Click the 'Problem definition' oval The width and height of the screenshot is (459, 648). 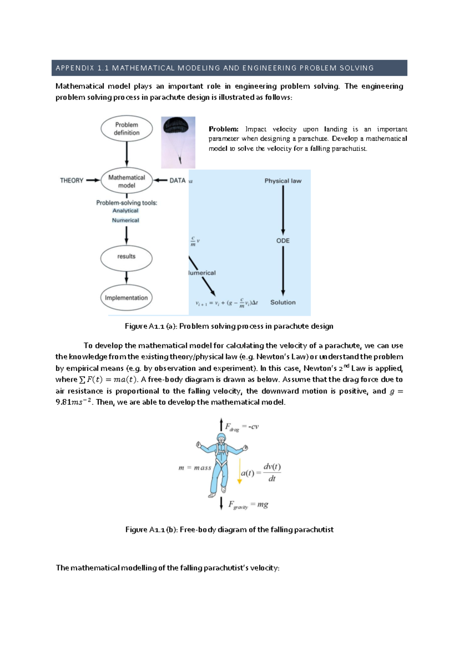127,129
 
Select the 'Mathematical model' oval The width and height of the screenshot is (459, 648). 127,181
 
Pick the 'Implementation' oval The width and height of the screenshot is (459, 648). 126,298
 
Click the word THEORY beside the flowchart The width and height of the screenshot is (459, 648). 72,180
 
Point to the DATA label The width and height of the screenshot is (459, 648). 177,180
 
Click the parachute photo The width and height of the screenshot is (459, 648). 178,142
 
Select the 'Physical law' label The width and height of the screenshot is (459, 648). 283,181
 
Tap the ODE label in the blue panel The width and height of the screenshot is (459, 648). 283,241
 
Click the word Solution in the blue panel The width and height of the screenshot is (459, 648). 283,302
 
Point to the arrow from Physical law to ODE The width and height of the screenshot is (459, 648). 283,210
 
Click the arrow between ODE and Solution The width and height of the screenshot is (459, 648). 283,271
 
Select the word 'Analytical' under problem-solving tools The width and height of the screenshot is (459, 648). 125,211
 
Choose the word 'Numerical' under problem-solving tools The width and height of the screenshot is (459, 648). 125,220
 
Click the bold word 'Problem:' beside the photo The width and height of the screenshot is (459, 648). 223,129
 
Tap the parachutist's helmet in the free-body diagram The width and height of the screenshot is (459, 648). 221,438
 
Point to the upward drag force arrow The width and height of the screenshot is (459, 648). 221,424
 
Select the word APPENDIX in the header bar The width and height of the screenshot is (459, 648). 75,68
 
